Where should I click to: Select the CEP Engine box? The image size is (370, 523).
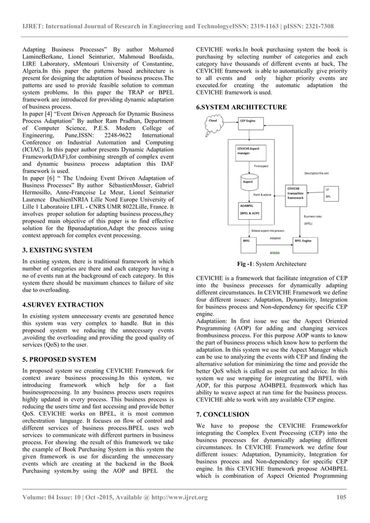click(248, 121)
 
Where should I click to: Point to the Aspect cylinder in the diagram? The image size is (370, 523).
click(248, 181)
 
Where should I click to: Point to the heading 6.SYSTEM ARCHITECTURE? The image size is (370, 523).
click(241, 107)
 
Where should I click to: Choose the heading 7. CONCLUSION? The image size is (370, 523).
click(223, 415)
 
